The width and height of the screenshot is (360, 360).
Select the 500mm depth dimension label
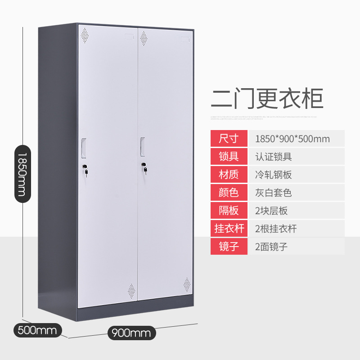(x=37, y=331)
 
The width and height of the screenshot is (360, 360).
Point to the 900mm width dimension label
(x=131, y=333)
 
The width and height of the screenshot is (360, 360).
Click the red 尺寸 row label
(x=229, y=139)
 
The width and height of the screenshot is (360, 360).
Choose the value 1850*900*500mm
(x=292, y=139)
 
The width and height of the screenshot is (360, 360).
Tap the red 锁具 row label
(x=229, y=157)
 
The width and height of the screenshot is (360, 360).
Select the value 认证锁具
(x=273, y=157)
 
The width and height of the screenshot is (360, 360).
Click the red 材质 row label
(x=229, y=175)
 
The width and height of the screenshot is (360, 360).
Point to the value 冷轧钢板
(x=273, y=175)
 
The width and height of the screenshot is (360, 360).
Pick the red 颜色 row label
(x=229, y=193)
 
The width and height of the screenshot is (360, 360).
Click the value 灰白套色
(x=273, y=193)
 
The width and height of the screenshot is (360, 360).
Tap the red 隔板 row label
(x=229, y=210)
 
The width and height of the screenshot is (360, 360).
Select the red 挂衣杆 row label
(x=229, y=228)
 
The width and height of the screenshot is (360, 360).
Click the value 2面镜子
(x=271, y=246)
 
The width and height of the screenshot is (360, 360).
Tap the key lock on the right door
(x=144, y=168)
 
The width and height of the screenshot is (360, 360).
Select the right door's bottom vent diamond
(x=186, y=284)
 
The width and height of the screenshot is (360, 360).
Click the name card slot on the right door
(x=184, y=39)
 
